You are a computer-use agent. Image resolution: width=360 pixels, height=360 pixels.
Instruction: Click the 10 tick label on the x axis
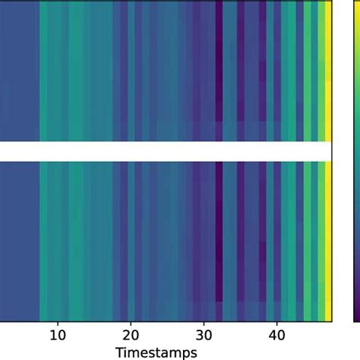(x=58, y=335)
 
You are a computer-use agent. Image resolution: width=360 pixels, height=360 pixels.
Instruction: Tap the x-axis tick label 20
(x=131, y=335)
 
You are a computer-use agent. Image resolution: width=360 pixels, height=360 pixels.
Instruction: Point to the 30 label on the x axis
(x=204, y=335)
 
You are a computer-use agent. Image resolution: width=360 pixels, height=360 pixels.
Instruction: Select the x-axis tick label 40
(x=276, y=335)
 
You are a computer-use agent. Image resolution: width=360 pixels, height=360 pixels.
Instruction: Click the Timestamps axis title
(x=156, y=352)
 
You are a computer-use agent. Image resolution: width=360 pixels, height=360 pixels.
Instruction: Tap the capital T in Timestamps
(x=118, y=352)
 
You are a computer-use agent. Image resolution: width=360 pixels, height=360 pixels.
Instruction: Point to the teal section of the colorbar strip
(x=356, y=152)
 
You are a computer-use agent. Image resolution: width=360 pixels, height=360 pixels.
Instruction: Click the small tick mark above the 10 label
(x=58, y=324)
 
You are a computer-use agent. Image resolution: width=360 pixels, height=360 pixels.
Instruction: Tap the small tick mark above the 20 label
(x=131, y=324)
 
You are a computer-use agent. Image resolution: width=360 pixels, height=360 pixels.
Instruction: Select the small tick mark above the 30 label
(x=204, y=324)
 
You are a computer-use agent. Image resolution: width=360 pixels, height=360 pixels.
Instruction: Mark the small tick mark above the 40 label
(x=276, y=324)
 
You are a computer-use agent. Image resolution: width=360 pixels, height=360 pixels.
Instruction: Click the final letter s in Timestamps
(x=194, y=352)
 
